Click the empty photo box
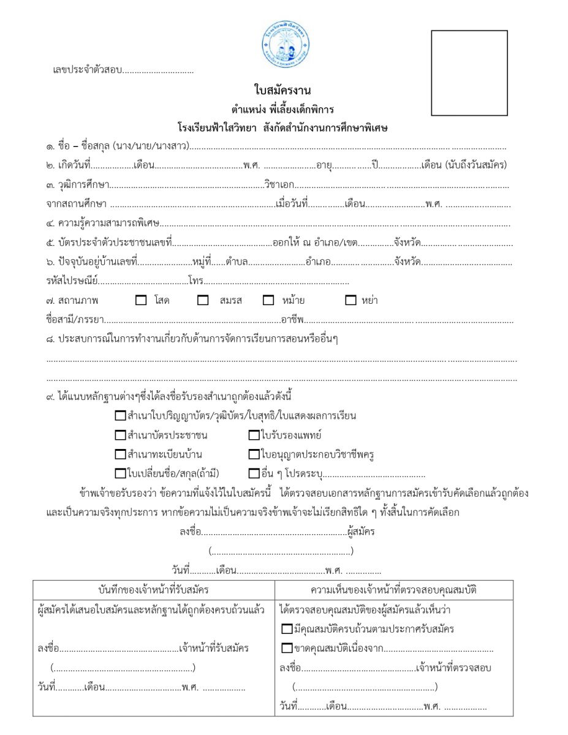pyautogui.click(x=469, y=73)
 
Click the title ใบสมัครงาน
pyautogui.click(x=282, y=91)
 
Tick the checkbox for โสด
pyautogui.click(x=141, y=301)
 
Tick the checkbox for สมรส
pyautogui.click(x=203, y=301)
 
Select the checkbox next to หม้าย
pyautogui.click(x=268, y=301)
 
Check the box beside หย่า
pyautogui.click(x=351, y=301)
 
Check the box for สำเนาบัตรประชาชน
pyautogui.click(x=120, y=436)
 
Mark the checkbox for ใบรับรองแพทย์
pyautogui.click(x=254, y=436)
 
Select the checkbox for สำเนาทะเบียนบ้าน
pyautogui.click(x=120, y=454)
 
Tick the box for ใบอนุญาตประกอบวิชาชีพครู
pyautogui.click(x=254, y=454)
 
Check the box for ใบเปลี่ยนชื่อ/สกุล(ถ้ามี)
pyautogui.click(x=120, y=473)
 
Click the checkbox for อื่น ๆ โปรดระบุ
pyautogui.click(x=254, y=473)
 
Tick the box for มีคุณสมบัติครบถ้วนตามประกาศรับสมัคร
pyautogui.click(x=287, y=629)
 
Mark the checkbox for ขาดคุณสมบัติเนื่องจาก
pyautogui.click(x=287, y=647)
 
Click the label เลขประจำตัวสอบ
pyautogui.click(x=87, y=70)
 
